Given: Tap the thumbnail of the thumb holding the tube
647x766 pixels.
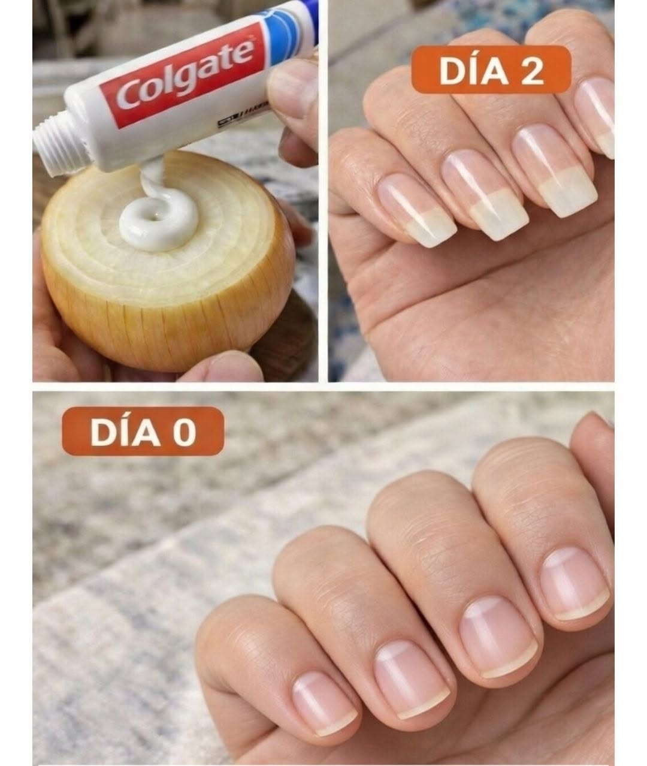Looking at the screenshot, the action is [x=291, y=91].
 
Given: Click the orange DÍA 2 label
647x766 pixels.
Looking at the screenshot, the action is [x=491, y=70].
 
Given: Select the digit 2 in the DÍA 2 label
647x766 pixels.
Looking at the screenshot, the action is [x=532, y=71].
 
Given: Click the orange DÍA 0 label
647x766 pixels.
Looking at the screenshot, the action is [x=143, y=431].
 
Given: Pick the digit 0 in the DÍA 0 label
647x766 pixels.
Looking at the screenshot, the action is [x=185, y=432].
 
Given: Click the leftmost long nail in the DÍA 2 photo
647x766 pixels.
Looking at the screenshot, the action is [x=416, y=209].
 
